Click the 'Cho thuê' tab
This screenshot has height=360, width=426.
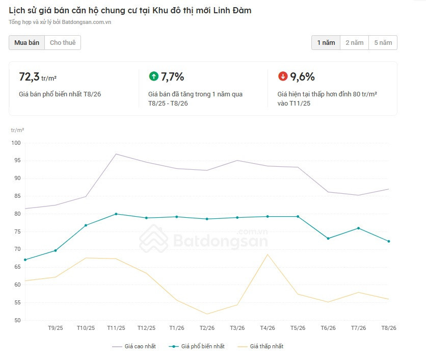tap(63, 43)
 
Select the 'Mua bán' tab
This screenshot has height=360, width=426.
tap(26, 43)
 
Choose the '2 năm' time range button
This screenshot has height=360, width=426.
tap(354, 43)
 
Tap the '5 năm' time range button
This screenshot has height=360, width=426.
tap(383, 43)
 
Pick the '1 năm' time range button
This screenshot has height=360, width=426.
tap(326, 43)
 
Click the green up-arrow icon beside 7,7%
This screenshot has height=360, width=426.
tap(154, 76)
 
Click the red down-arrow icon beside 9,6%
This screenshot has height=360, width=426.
tap(283, 76)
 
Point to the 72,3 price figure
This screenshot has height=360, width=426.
tap(30, 76)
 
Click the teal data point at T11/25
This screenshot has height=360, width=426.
tap(116, 214)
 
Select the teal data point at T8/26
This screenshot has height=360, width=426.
tap(389, 242)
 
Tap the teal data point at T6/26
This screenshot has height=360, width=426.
tap(328, 239)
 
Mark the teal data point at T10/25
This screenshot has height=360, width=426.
tap(86, 225)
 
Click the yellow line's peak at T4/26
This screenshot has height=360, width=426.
tap(268, 254)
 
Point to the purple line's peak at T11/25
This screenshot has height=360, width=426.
tap(116, 154)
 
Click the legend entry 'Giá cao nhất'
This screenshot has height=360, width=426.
tap(134, 346)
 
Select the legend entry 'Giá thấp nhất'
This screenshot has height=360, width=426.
tap(260, 346)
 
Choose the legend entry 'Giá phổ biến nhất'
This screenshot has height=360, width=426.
tap(197, 346)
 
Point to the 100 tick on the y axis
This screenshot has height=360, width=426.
tap(16, 143)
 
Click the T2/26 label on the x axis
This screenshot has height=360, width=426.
tap(207, 328)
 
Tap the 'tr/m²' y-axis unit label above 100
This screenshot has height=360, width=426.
tap(17, 130)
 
